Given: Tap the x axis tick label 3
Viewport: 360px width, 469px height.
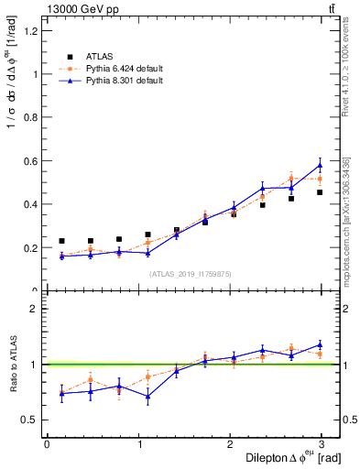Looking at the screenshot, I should coord(325,443).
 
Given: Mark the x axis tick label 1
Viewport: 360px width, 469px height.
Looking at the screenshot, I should coord(139,443).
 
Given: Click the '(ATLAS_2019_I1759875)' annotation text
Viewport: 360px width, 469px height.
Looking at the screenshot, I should coord(191,274).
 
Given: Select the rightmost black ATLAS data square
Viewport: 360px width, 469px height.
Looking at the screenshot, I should coord(320,192).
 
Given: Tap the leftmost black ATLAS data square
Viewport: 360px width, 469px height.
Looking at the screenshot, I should coord(61,241).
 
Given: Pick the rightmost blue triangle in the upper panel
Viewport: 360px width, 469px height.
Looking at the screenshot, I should coord(320,166).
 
